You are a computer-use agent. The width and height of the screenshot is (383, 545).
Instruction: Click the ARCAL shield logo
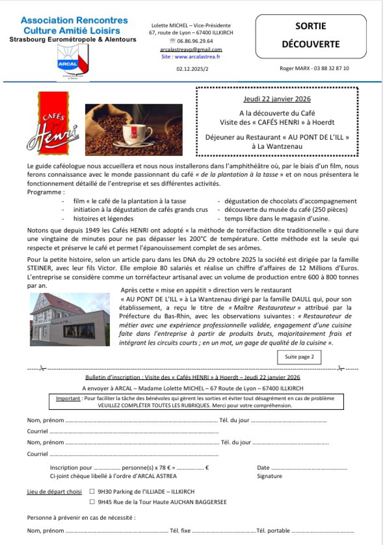73,61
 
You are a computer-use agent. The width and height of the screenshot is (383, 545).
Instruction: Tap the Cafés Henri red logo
53,124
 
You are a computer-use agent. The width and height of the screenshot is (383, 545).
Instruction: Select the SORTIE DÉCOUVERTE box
311,36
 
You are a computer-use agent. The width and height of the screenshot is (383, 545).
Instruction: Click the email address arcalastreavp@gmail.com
191,50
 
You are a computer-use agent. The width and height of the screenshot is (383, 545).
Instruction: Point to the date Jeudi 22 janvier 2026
277,99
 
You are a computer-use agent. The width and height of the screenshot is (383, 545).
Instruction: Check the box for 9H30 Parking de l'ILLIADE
92,491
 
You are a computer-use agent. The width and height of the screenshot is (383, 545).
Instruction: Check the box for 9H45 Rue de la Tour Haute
92,502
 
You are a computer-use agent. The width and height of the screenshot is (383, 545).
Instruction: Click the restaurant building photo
70,319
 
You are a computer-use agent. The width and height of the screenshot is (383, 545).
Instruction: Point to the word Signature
269,476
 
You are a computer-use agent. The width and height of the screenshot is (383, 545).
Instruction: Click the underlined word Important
68,398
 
